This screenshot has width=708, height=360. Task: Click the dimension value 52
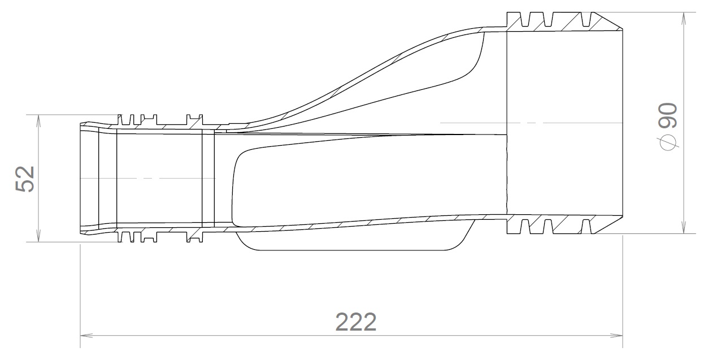coord(25,179)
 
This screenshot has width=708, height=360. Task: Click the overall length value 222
coord(356,322)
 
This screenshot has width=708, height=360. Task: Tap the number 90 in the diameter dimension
coord(668,115)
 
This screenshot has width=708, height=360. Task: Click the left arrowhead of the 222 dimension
coord(85,335)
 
